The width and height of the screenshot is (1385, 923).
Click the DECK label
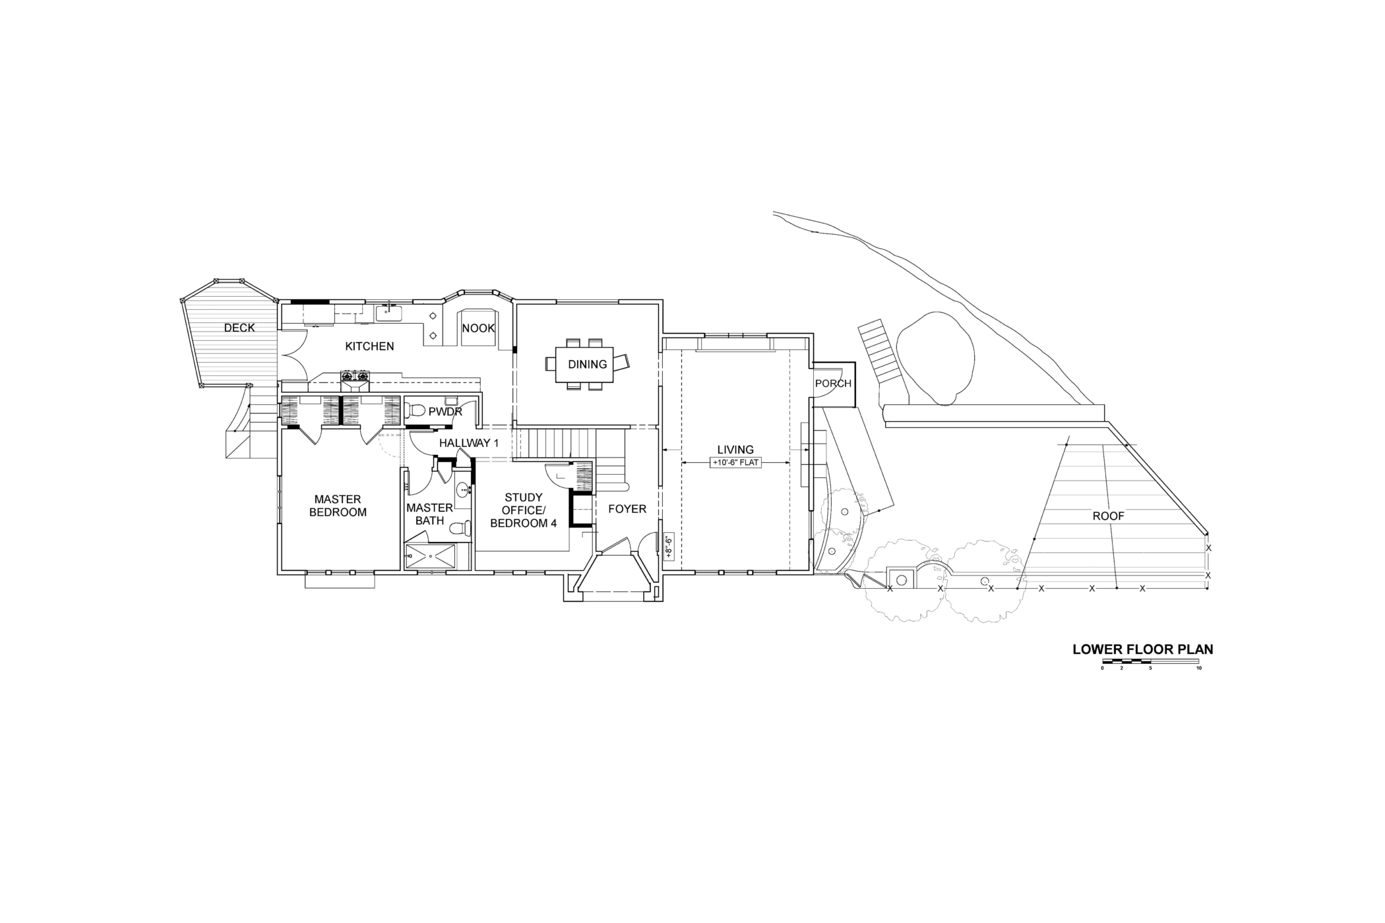click(x=239, y=328)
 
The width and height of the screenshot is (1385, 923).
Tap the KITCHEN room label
click(x=369, y=346)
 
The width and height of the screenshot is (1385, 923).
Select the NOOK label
click(x=478, y=328)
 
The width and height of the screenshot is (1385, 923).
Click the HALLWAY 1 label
click(x=469, y=443)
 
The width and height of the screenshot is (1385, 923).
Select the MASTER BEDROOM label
click(x=338, y=506)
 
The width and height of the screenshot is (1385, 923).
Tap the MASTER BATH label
click(x=429, y=514)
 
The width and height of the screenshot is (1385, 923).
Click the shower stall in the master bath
click(x=431, y=557)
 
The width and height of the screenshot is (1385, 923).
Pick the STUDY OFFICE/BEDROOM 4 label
click(x=524, y=510)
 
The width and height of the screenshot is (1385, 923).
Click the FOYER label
click(x=627, y=509)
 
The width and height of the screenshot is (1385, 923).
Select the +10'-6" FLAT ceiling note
click(x=736, y=463)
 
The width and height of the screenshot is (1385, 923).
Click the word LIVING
click(x=735, y=450)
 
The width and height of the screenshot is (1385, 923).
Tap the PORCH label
click(x=834, y=384)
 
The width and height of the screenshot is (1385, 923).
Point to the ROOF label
click(x=1108, y=516)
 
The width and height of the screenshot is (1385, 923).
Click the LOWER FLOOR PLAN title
click(x=1143, y=649)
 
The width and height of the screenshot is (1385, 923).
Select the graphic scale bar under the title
click(x=1151, y=661)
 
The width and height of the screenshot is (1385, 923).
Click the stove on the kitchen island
click(x=355, y=377)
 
